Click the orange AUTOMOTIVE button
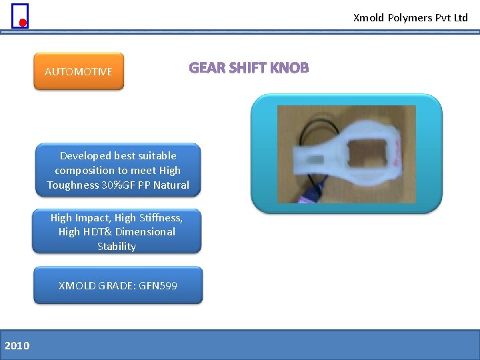pos(79,71)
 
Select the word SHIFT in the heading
pos(247,68)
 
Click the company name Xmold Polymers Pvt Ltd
pos(411,18)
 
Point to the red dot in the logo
pos(22,23)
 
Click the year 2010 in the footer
pos(17,345)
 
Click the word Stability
pos(117,247)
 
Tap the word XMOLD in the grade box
pos(77,285)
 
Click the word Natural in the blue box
pos(171,185)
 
